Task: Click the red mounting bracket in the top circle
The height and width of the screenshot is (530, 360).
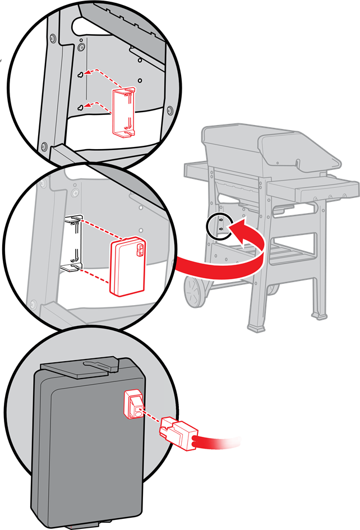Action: pos(124,112)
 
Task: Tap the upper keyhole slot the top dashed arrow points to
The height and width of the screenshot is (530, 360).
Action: pos(81,74)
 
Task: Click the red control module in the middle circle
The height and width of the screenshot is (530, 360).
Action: pos(127,265)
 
